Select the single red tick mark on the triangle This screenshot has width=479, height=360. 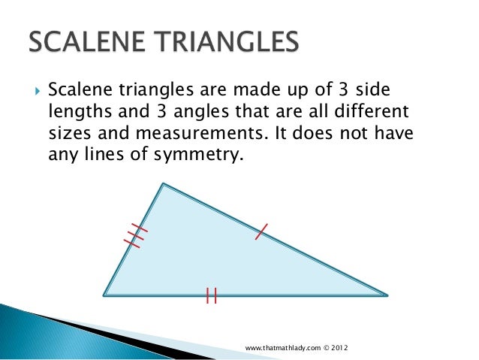261,233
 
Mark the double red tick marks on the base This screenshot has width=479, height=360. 211,295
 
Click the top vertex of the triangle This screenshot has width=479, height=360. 162,184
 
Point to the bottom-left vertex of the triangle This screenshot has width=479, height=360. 104,295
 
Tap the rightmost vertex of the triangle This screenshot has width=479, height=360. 387,295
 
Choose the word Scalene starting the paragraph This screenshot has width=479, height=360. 74,91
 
